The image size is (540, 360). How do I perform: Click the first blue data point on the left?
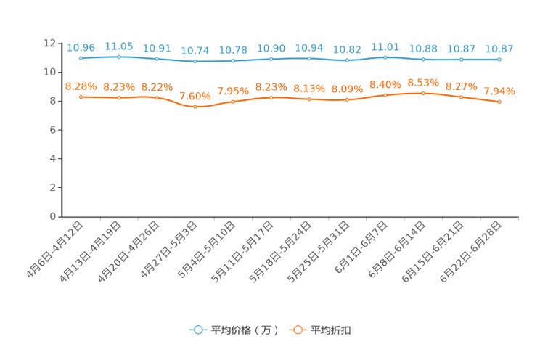pos(81,57)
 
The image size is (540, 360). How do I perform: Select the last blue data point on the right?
pos(499,60)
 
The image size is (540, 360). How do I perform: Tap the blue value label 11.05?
pos(118,46)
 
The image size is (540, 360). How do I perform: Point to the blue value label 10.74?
pos(195,51)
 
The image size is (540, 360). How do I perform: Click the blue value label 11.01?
pos(385,46)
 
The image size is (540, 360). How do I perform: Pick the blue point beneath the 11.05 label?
pos(118,56)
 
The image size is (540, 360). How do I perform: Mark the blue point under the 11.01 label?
pos(385,57)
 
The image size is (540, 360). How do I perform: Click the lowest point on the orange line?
pos(195,107)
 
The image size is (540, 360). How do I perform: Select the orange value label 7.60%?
pos(195,96)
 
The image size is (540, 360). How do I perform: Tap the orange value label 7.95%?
pos(233,91)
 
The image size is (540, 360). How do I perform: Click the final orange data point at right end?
pos(499,102)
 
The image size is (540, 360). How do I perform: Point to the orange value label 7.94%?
pos(499,91)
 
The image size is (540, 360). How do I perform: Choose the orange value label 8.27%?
pos(462,86)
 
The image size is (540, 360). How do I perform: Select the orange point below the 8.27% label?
pos(462,97)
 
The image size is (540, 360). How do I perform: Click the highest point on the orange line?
pos(423,93)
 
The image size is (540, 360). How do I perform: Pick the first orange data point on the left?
pos(81,97)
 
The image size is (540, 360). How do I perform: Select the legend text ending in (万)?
pos(245,330)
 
